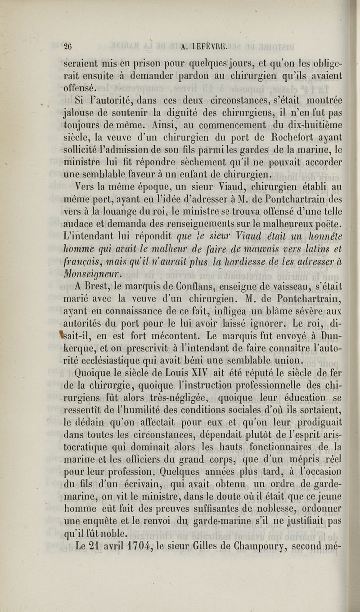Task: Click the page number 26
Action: pyautogui.click(x=68, y=45)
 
